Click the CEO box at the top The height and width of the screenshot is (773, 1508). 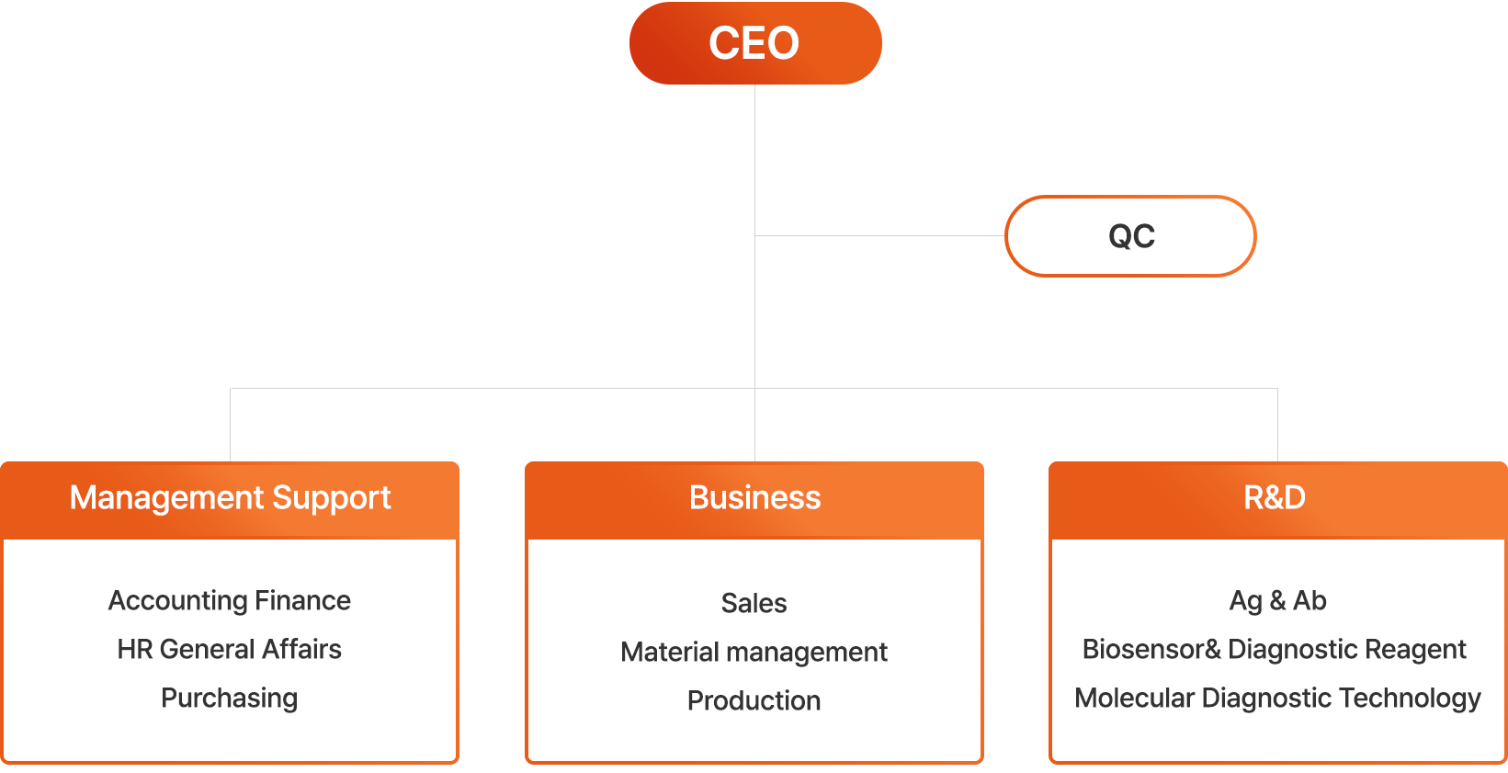(x=754, y=43)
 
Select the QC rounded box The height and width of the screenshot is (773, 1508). (x=1130, y=236)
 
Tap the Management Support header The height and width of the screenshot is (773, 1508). (x=230, y=498)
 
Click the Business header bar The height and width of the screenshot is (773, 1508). (x=754, y=498)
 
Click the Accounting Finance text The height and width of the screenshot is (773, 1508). (x=230, y=600)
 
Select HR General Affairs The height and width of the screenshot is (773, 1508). (x=230, y=649)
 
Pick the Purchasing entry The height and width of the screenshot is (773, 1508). (x=230, y=698)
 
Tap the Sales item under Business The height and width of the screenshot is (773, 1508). (x=754, y=603)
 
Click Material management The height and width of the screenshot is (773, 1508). (x=754, y=652)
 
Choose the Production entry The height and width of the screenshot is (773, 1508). (x=754, y=700)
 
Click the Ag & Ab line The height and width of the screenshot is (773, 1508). (x=1277, y=600)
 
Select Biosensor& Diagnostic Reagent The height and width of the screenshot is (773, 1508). (x=1275, y=649)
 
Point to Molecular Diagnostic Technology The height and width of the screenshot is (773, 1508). (x=1277, y=698)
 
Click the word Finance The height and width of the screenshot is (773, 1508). (x=302, y=600)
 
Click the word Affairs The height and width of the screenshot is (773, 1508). (x=301, y=649)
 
